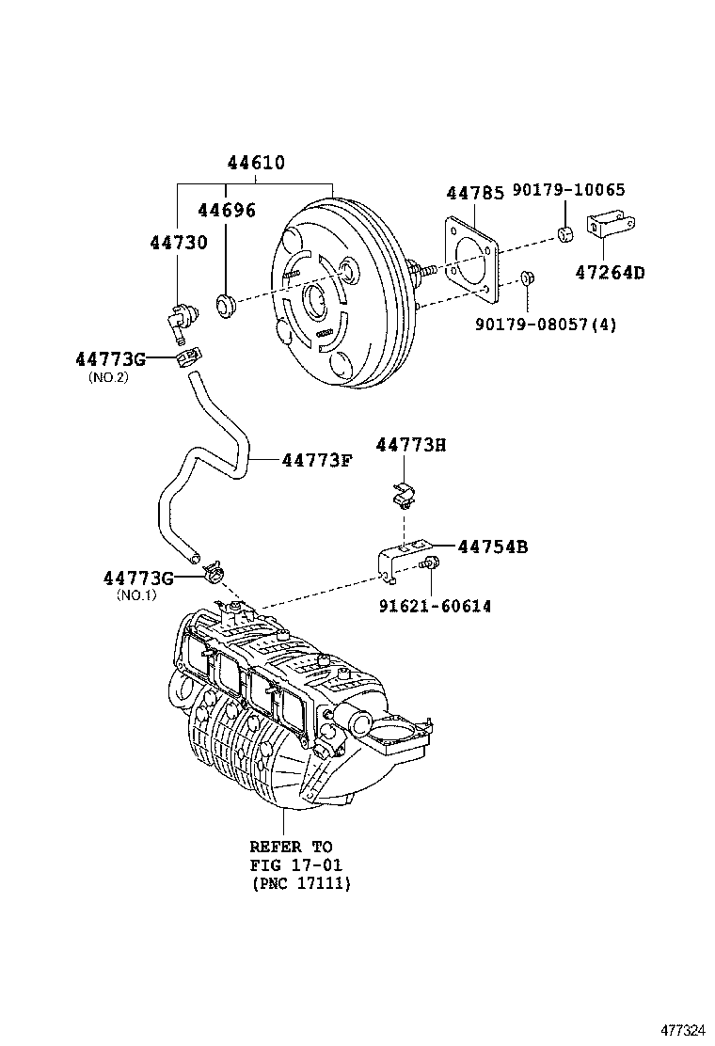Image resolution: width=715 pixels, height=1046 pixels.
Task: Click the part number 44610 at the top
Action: pyautogui.click(x=255, y=163)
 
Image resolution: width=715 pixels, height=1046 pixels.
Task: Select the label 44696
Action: pyautogui.click(x=226, y=210)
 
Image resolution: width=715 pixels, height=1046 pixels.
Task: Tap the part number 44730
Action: pyautogui.click(x=178, y=243)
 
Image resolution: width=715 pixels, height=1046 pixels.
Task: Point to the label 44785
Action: pyautogui.click(x=474, y=193)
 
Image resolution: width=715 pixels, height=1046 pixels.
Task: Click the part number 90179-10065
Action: pyautogui.click(x=568, y=190)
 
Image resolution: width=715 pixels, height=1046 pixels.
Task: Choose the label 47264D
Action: pyautogui.click(x=611, y=273)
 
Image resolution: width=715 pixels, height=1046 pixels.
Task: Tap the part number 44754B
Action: pyautogui.click(x=492, y=547)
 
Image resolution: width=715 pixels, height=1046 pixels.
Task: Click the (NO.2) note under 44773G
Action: pyautogui.click(x=108, y=377)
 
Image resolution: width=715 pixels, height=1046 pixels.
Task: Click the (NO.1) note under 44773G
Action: pyautogui.click(x=137, y=594)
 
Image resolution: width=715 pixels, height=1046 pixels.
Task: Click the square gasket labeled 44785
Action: pyautogui.click(x=468, y=261)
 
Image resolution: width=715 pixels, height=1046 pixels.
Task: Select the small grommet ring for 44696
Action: pyautogui.click(x=226, y=305)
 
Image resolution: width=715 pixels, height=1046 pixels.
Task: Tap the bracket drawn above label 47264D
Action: pyautogui.click(x=610, y=229)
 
